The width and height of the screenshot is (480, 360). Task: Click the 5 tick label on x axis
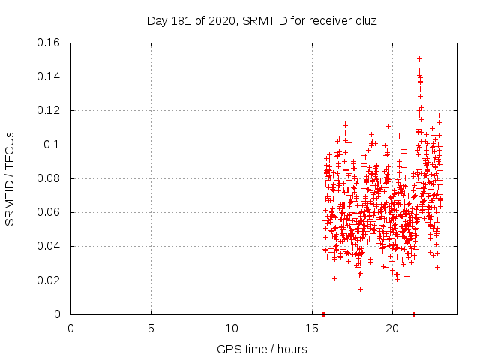tap(151, 328)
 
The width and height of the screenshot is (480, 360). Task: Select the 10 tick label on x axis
tap(232, 328)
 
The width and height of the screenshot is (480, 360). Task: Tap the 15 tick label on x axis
tap(312, 328)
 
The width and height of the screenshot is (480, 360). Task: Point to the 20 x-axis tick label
tap(392, 328)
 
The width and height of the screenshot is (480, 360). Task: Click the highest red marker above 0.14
tap(419, 58)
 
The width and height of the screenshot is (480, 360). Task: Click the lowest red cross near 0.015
tap(360, 289)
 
